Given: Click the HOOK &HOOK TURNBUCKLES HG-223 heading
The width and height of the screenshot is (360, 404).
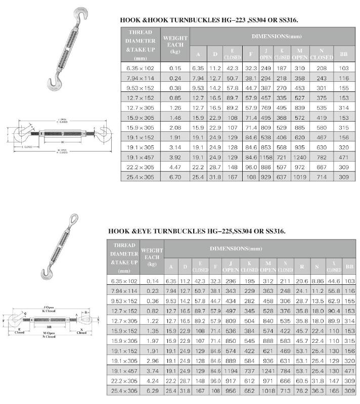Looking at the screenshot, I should click(x=209, y=21).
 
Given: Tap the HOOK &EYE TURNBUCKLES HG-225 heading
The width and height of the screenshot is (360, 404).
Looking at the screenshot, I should click(x=197, y=231).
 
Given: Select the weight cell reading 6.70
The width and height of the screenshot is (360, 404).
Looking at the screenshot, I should click(x=175, y=177).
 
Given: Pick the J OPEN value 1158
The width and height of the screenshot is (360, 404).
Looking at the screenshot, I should click(x=266, y=158).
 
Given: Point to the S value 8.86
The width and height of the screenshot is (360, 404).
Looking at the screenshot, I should click(x=318, y=279).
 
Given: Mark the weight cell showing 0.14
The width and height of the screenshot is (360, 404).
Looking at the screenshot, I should click(x=152, y=279).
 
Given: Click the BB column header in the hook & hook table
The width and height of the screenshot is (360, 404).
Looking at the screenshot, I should click(x=344, y=54).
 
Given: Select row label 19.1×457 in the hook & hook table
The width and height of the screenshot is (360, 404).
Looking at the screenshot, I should click(x=140, y=158).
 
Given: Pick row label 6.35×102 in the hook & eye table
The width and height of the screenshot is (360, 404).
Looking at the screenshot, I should click(x=124, y=279).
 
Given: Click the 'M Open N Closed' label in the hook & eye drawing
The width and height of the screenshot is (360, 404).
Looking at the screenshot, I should click(x=49, y=334).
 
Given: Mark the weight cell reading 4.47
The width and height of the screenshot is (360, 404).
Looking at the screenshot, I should click(x=175, y=167).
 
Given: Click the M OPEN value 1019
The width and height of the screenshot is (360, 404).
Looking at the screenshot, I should click(x=300, y=177).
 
